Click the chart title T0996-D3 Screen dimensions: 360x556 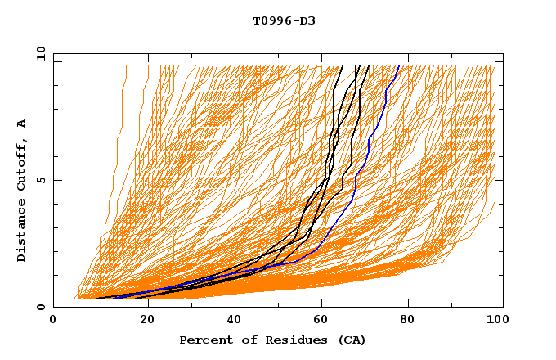pyautogui.click(x=284, y=21)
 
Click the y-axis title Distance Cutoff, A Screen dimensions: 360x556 pyautogui.click(x=22, y=190)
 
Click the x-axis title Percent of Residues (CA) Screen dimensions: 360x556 pyautogui.click(x=273, y=340)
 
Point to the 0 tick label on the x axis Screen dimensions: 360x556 pyautogui.click(x=54, y=321)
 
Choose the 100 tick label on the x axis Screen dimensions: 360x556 pyautogui.click(x=494, y=321)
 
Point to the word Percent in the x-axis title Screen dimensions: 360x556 pyautogui.click(x=204, y=340)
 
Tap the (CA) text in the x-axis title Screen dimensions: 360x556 pyautogui.click(x=352, y=340)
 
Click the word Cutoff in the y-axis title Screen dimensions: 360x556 pyautogui.click(x=22, y=165)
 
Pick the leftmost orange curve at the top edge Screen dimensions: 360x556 pyautogui.click(x=126, y=67)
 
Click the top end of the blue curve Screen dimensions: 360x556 pyautogui.click(x=399, y=66)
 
